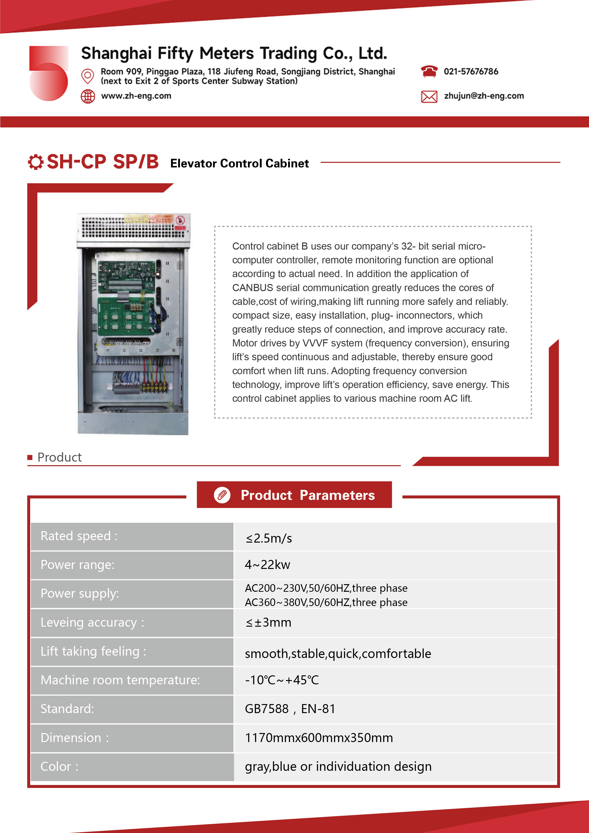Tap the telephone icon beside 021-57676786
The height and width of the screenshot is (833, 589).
[429, 71]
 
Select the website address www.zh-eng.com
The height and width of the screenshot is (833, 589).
[136, 96]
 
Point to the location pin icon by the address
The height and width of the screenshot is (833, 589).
[87, 76]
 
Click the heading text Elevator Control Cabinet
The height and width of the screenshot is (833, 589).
[240, 163]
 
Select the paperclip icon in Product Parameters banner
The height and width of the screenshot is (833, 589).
[222, 495]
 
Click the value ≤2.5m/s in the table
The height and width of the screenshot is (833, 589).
[269, 538]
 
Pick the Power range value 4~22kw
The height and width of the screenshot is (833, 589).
[267, 564]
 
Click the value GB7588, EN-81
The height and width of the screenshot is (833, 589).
[290, 709]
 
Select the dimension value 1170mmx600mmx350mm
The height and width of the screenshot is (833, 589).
[319, 738]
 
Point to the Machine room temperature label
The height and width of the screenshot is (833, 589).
[120, 680]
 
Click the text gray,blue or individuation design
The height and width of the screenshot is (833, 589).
[338, 767]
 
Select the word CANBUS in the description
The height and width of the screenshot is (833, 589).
[253, 288]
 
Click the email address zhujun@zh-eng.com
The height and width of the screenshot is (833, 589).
[484, 96]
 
